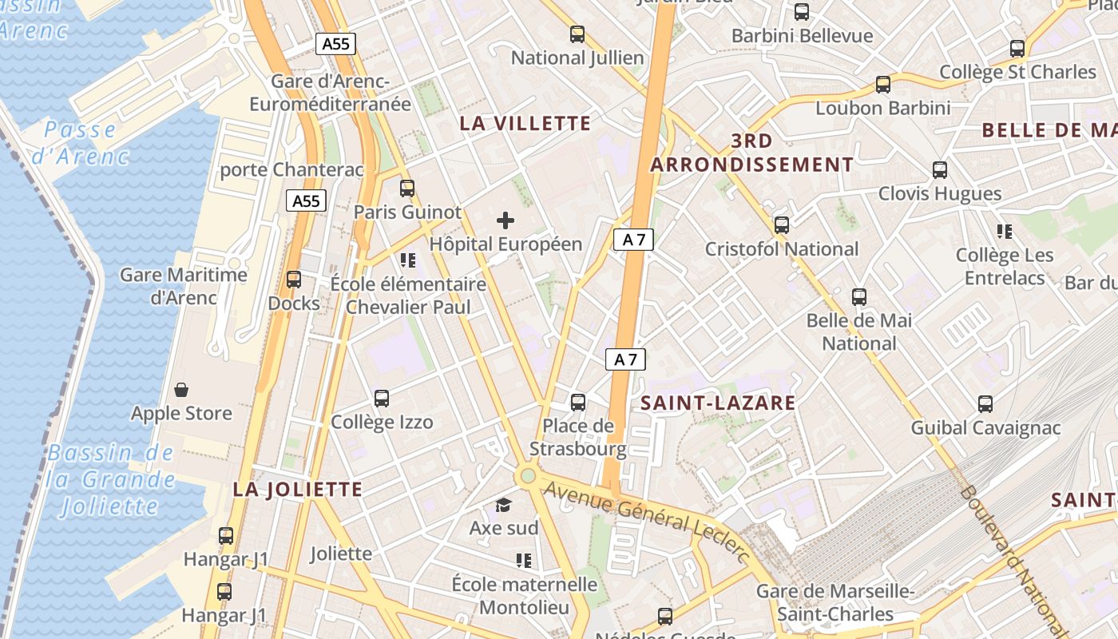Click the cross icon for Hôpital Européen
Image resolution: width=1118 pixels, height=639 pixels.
505,220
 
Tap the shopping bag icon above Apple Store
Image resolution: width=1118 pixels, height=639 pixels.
181,390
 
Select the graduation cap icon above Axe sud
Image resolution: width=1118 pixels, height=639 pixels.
503,505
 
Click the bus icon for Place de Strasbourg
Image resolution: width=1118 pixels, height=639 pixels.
578,403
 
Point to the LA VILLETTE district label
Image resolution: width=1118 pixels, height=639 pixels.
525,124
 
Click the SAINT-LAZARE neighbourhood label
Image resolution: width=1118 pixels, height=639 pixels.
718,403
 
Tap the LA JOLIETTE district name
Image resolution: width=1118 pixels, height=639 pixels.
298,490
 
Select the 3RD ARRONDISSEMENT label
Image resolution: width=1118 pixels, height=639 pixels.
751,153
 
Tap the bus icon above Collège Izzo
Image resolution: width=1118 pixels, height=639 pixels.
382,399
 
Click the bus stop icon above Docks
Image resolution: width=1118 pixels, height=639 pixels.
294,280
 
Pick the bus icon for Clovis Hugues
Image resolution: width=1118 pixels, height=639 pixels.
940,170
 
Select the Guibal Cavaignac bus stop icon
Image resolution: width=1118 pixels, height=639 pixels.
985,404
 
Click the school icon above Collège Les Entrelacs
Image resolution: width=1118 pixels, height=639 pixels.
1005,232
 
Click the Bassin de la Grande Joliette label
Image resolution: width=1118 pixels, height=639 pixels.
110,479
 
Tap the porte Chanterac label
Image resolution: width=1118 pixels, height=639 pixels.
291,170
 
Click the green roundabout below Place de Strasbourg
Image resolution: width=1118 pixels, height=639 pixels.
527,477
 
